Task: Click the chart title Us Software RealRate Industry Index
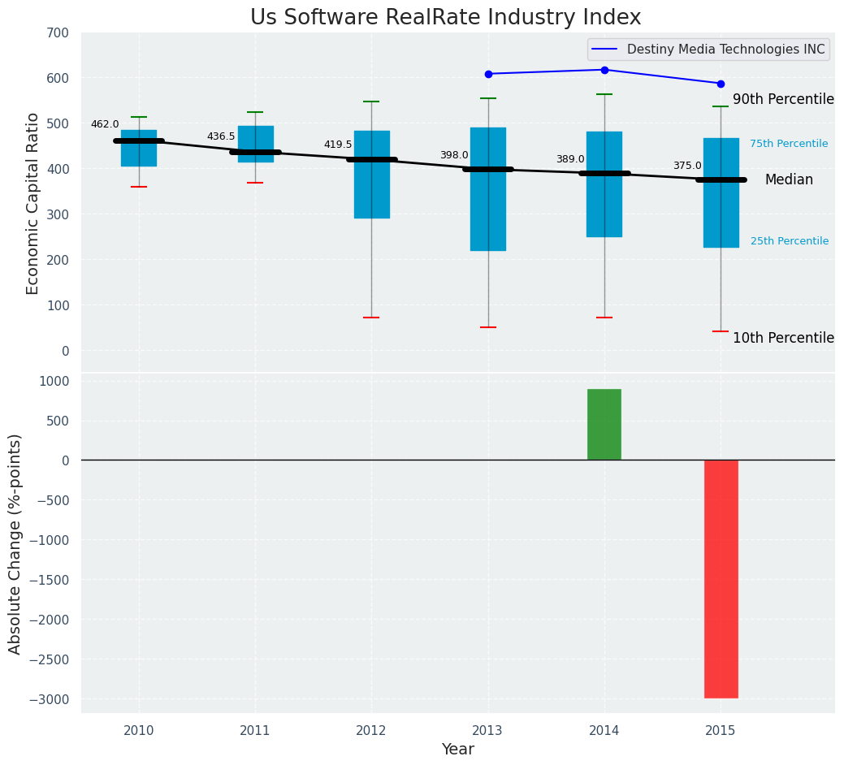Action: (445, 18)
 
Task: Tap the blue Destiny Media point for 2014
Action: (604, 70)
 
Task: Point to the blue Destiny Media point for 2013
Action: (488, 74)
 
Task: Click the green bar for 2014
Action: (604, 424)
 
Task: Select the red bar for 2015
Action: (721, 578)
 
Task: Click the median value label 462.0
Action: (105, 124)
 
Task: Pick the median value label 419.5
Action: (338, 145)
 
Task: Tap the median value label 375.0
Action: (687, 166)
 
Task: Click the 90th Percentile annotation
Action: (783, 99)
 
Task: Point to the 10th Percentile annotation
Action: (783, 338)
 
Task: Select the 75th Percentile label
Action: (789, 144)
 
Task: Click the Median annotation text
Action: (789, 180)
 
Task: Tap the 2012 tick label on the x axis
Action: (371, 731)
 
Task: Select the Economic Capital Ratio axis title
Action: (33, 203)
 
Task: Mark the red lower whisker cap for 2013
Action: (488, 327)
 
